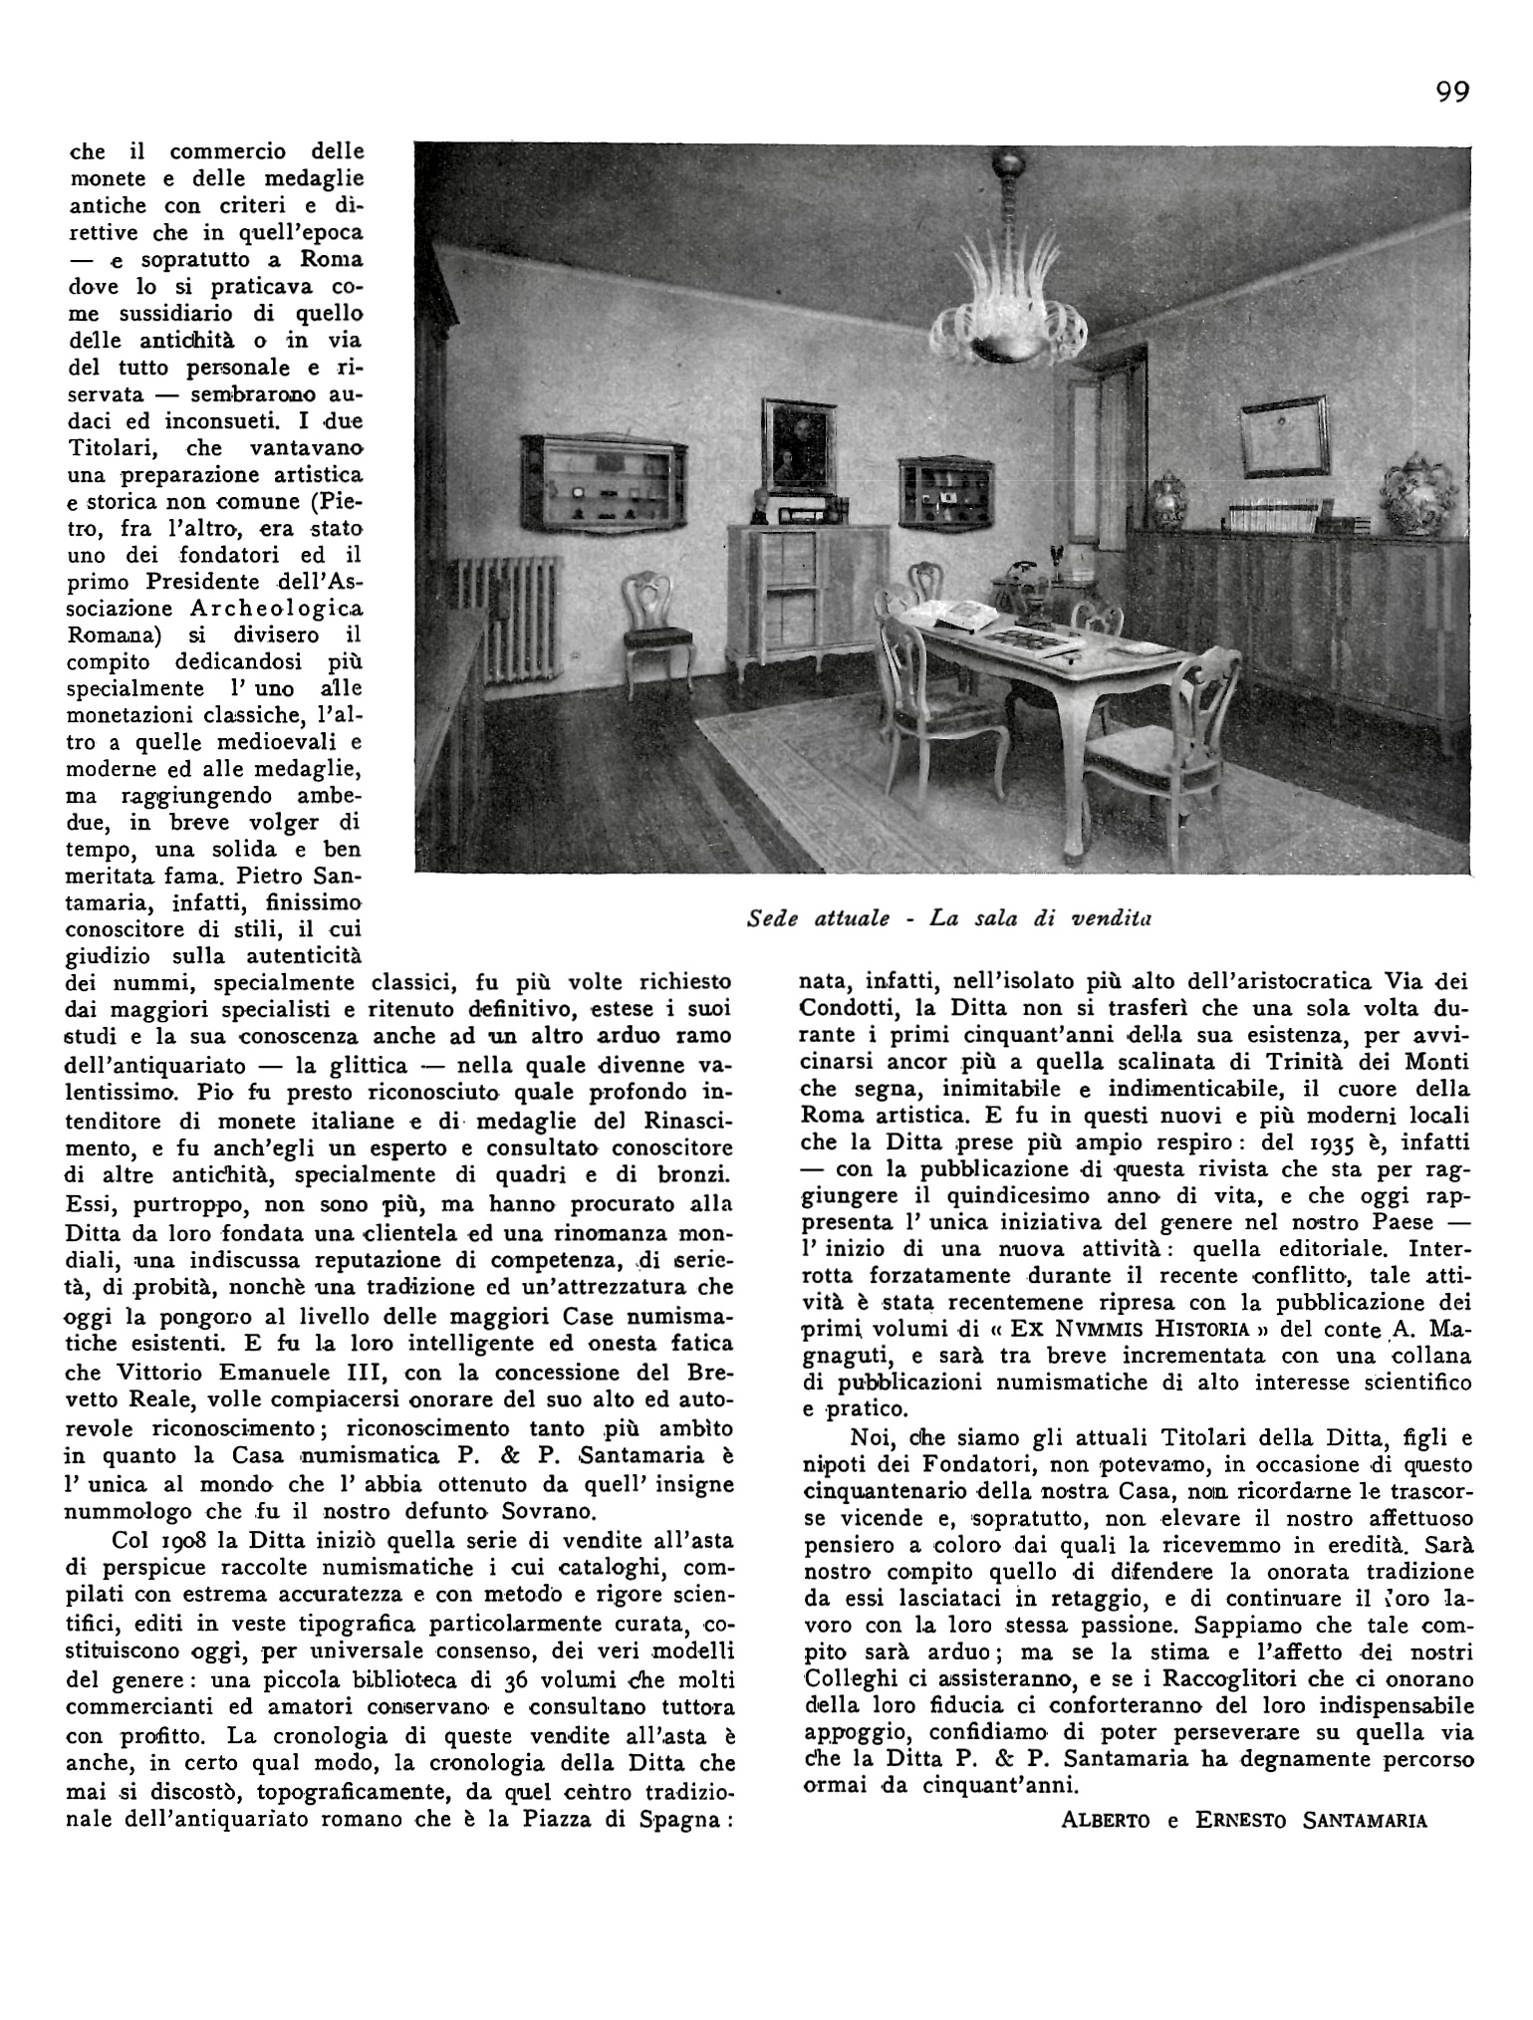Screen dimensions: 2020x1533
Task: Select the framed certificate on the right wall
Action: click(x=1286, y=435)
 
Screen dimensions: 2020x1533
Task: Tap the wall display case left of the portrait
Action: click(x=602, y=483)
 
